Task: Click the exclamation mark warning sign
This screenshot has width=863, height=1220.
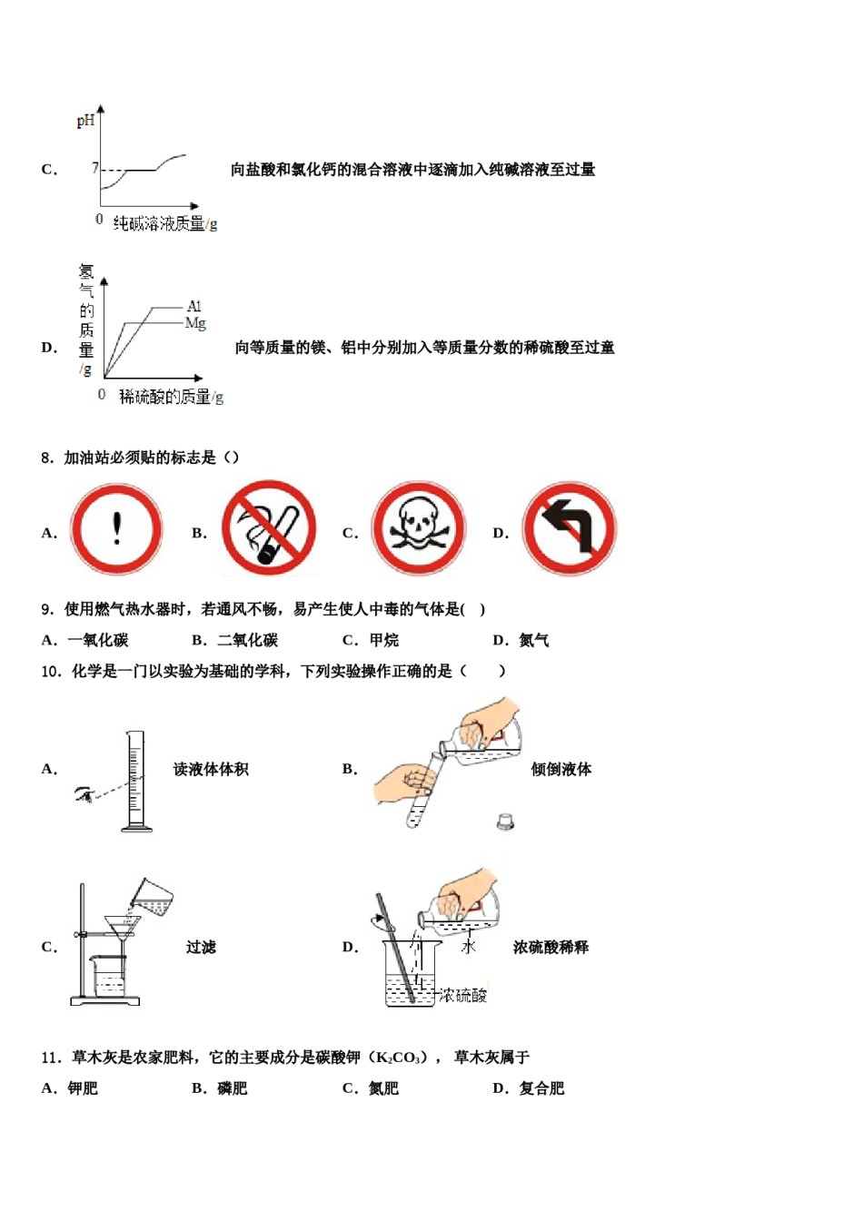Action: pyautogui.click(x=116, y=529)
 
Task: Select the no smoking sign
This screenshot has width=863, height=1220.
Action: pyautogui.click(x=269, y=529)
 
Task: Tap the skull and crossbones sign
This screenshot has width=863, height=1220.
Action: pyautogui.click(x=418, y=529)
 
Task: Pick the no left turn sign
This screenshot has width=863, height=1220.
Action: pyautogui.click(x=569, y=529)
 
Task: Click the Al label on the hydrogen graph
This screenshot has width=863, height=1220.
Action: pyautogui.click(x=194, y=307)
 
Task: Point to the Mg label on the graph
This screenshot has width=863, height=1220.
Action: pyautogui.click(x=195, y=323)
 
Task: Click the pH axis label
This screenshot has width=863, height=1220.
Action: pyautogui.click(x=85, y=120)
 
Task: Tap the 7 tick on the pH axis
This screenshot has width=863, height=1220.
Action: pyautogui.click(x=94, y=168)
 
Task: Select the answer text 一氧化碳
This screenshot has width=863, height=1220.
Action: pyautogui.click(x=98, y=640)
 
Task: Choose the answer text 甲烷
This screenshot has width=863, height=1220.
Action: pyautogui.click(x=383, y=640)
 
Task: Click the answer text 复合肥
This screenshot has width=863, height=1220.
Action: pyautogui.click(x=541, y=1088)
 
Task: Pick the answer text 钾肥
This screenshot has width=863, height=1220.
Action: pyautogui.click(x=83, y=1088)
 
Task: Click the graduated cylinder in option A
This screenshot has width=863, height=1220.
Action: pyautogui.click(x=135, y=781)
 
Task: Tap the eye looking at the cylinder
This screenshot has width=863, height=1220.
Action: pyautogui.click(x=84, y=795)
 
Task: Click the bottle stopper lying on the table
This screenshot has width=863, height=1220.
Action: pyautogui.click(x=506, y=822)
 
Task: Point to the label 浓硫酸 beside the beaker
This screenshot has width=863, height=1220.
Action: pyautogui.click(x=463, y=996)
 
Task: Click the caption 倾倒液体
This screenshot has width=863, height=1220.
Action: pyautogui.click(x=561, y=769)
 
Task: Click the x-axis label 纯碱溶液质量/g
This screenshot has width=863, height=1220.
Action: pyautogui.click(x=164, y=223)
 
